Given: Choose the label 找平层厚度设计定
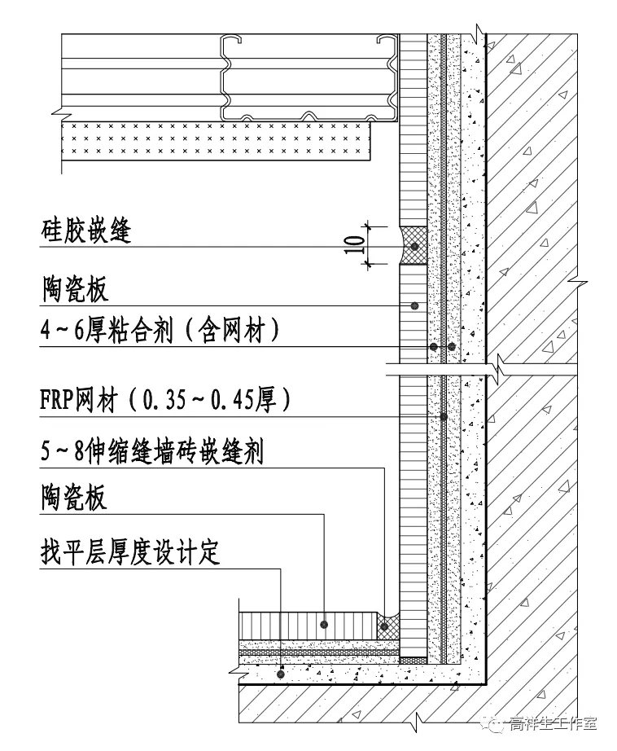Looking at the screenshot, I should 130,554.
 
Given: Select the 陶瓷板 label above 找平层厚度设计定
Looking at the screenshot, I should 74,498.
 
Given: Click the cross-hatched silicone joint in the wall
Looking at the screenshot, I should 414,245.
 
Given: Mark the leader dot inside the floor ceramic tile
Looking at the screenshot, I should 324,624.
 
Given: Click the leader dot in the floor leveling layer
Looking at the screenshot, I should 281,674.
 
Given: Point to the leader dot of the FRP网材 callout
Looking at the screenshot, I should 444,417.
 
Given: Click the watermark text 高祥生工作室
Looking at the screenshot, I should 554,724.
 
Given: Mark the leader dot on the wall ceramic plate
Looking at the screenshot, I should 414,305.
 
